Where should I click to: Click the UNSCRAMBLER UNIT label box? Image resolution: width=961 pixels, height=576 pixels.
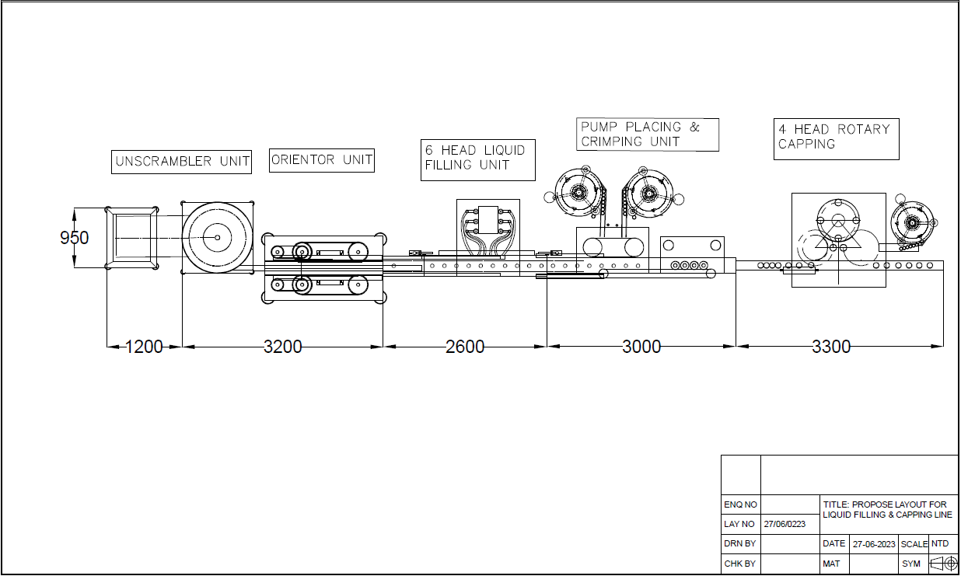(182, 162)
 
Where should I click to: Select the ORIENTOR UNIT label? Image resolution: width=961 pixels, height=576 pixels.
(322, 160)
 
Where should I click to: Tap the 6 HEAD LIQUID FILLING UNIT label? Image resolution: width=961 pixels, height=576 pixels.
(475, 158)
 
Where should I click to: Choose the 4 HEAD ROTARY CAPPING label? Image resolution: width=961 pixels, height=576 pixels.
(836, 137)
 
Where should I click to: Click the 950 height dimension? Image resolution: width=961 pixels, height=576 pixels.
(75, 238)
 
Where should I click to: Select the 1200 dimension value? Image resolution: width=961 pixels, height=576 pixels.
(144, 347)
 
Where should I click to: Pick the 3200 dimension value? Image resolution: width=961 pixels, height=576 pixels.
(282, 347)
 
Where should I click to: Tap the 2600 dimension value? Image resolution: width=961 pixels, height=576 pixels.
(465, 347)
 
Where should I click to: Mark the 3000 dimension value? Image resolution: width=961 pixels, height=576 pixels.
(641, 347)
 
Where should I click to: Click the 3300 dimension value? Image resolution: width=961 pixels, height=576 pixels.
(831, 347)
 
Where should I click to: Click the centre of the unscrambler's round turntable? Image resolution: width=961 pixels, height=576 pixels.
(218, 237)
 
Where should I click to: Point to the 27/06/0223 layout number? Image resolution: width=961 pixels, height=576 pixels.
(785, 525)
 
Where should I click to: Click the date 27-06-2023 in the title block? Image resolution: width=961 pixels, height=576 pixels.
(874, 544)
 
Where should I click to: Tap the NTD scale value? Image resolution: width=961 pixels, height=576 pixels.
(940, 544)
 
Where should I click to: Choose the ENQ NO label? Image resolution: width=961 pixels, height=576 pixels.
(739, 505)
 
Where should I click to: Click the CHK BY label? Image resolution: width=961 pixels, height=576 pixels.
(739, 564)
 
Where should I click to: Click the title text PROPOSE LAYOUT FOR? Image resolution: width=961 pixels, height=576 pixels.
(885, 505)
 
